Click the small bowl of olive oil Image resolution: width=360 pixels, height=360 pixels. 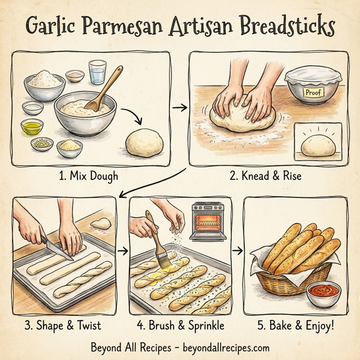pos(32,127)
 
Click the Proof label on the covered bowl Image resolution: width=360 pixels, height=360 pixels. pos(313,93)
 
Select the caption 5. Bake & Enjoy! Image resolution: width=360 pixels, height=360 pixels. pos(295,326)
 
